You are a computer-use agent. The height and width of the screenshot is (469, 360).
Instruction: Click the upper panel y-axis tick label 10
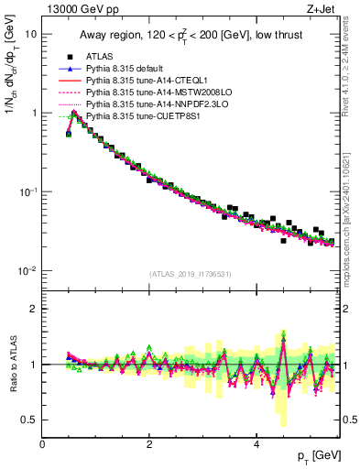(x=31, y=34)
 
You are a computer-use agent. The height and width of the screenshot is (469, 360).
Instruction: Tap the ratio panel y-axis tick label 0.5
(x=29, y=420)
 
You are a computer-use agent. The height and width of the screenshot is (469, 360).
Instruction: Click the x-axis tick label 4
(x=256, y=443)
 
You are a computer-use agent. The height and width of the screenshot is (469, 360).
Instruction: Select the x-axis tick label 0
(x=42, y=443)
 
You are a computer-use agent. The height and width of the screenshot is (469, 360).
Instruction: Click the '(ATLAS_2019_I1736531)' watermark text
(x=188, y=274)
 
